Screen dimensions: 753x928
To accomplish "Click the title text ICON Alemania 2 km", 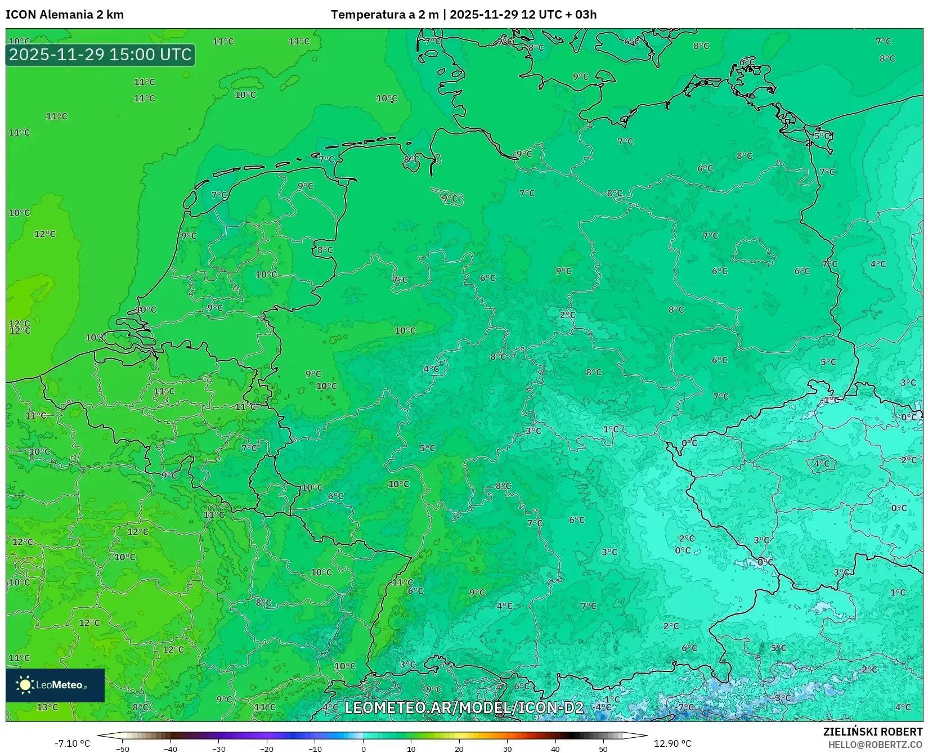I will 65,15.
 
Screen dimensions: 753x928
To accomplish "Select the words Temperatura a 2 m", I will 384,15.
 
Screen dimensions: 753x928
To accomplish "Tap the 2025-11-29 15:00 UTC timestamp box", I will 100,55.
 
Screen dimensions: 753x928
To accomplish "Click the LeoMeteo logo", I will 55,685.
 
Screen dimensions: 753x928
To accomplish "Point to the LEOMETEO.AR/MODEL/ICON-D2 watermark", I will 464,707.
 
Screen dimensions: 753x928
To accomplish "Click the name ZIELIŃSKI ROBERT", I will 872,732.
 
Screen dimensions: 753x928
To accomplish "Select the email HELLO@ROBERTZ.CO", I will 875,745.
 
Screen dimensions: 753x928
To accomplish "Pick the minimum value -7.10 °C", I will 72,743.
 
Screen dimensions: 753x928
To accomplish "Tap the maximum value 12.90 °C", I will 673,743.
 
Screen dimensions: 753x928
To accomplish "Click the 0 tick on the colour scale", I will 364,748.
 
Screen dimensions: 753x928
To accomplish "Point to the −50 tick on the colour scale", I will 122,748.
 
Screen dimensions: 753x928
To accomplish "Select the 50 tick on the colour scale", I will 603,748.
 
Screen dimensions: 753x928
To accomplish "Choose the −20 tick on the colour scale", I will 267,748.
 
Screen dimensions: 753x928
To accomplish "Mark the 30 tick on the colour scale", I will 508,748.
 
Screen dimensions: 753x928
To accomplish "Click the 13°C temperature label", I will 47,707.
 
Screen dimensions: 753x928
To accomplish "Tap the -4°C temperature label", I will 602,707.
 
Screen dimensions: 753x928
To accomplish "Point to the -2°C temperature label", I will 869,669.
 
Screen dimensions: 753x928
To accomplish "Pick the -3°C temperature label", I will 782,697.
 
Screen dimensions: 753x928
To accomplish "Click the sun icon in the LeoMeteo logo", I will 25,685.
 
